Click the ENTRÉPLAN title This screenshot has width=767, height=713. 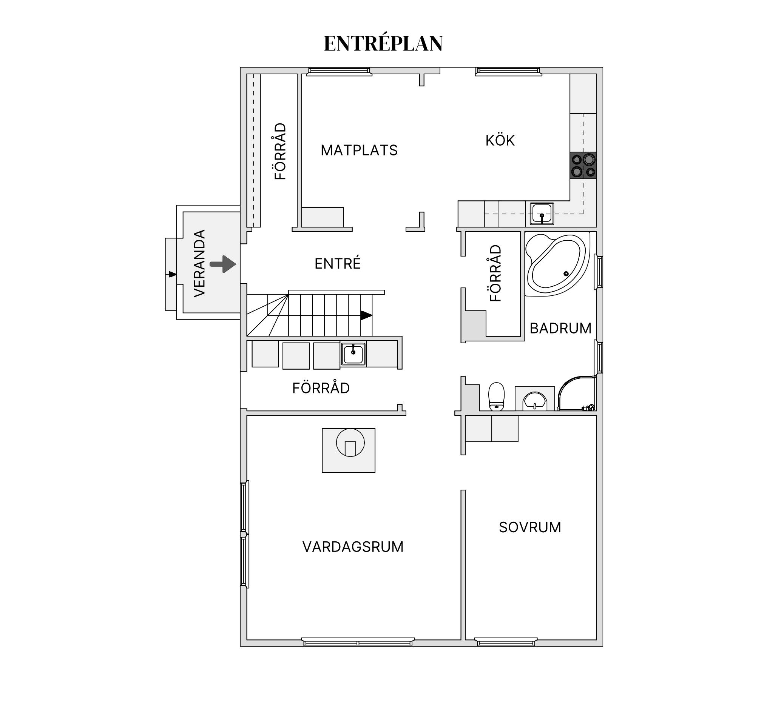(x=383, y=43)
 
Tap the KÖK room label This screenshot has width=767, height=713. (x=500, y=141)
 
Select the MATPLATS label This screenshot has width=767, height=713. (x=359, y=150)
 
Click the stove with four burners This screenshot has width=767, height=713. (x=583, y=165)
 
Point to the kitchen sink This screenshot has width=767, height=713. (x=542, y=214)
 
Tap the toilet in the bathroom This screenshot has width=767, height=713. (x=496, y=396)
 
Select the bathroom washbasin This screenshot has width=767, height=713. (x=535, y=401)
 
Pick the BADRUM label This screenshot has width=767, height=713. (x=560, y=328)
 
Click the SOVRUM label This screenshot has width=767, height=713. (x=530, y=527)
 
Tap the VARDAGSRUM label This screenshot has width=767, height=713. (x=353, y=547)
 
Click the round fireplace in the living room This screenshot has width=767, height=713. (x=350, y=443)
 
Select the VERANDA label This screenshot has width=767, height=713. (x=199, y=263)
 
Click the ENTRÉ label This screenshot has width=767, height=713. (x=338, y=264)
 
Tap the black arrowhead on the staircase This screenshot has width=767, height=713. (x=366, y=315)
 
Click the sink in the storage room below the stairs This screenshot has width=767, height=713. (x=353, y=354)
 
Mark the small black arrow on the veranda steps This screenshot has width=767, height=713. (x=172, y=274)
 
